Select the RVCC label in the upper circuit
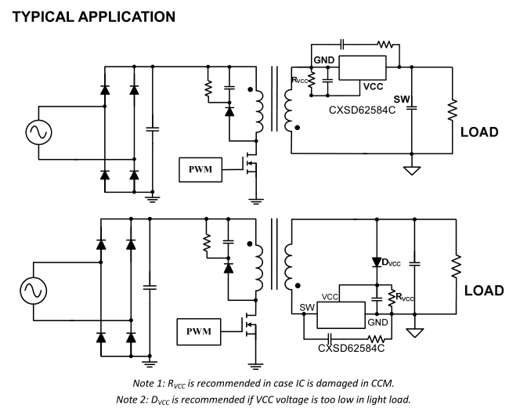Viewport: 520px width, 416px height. pyautogui.click(x=302, y=79)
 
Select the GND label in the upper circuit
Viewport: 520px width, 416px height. pyautogui.click(x=323, y=60)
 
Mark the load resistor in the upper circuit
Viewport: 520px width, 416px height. pyautogui.click(x=452, y=110)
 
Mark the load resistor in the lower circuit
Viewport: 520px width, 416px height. pyautogui.click(x=452, y=268)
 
